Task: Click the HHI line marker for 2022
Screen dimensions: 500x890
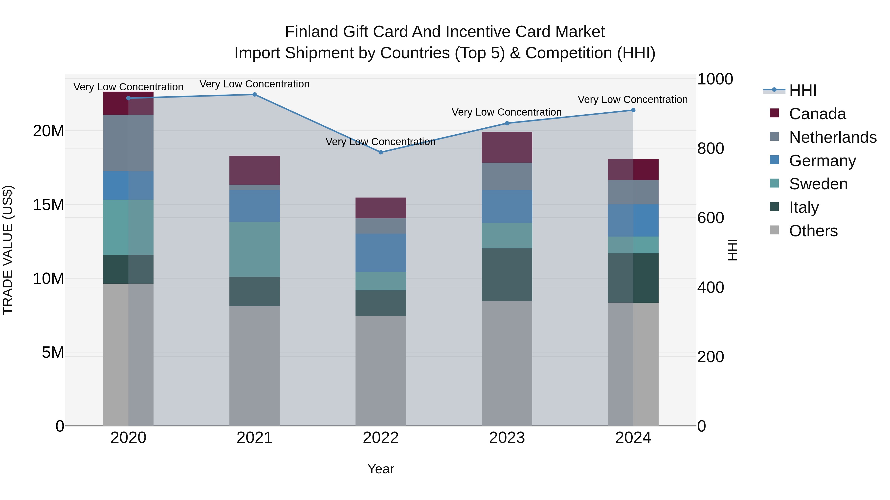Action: (381, 152)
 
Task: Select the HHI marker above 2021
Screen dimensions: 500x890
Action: (255, 95)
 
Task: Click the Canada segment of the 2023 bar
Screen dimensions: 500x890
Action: (507, 147)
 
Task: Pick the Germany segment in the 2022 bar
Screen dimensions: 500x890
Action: (381, 253)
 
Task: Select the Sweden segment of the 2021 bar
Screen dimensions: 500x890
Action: (255, 249)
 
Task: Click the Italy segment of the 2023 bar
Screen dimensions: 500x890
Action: (507, 275)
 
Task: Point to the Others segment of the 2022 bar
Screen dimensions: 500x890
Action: (381, 371)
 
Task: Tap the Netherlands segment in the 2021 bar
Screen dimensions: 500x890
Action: (255, 187)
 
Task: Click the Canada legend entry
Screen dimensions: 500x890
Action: (817, 114)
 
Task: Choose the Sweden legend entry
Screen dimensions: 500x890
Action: (818, 184)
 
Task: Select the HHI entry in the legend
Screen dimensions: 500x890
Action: (802, 90)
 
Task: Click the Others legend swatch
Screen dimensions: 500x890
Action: (774, 230)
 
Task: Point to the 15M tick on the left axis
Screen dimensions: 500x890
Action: (48, 205)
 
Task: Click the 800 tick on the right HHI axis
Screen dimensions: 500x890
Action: (710, 148)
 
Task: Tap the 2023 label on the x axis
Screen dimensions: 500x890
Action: (507, 438)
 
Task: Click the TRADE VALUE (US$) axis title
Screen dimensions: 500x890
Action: (8, 250)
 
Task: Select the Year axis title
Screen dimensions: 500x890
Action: (380, 469)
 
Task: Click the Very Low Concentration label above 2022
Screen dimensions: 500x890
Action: (380, 142)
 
